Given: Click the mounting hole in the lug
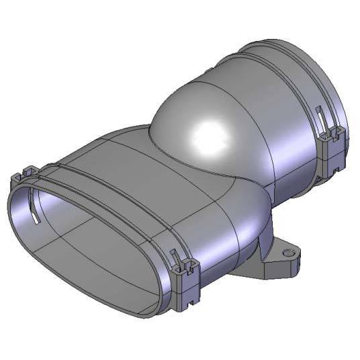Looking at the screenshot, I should coord(289,254).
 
